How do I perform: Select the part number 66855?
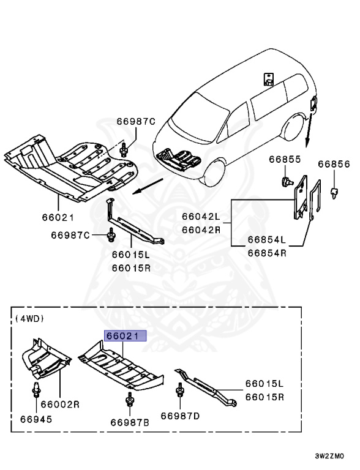283,160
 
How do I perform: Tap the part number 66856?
334,165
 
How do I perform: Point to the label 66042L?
200,216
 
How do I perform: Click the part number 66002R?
61,405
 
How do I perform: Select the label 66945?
36,420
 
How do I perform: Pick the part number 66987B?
130,422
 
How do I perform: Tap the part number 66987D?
180,416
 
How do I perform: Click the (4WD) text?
30,318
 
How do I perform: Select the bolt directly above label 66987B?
129,401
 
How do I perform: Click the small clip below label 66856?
334,192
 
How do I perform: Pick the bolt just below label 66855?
285,181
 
